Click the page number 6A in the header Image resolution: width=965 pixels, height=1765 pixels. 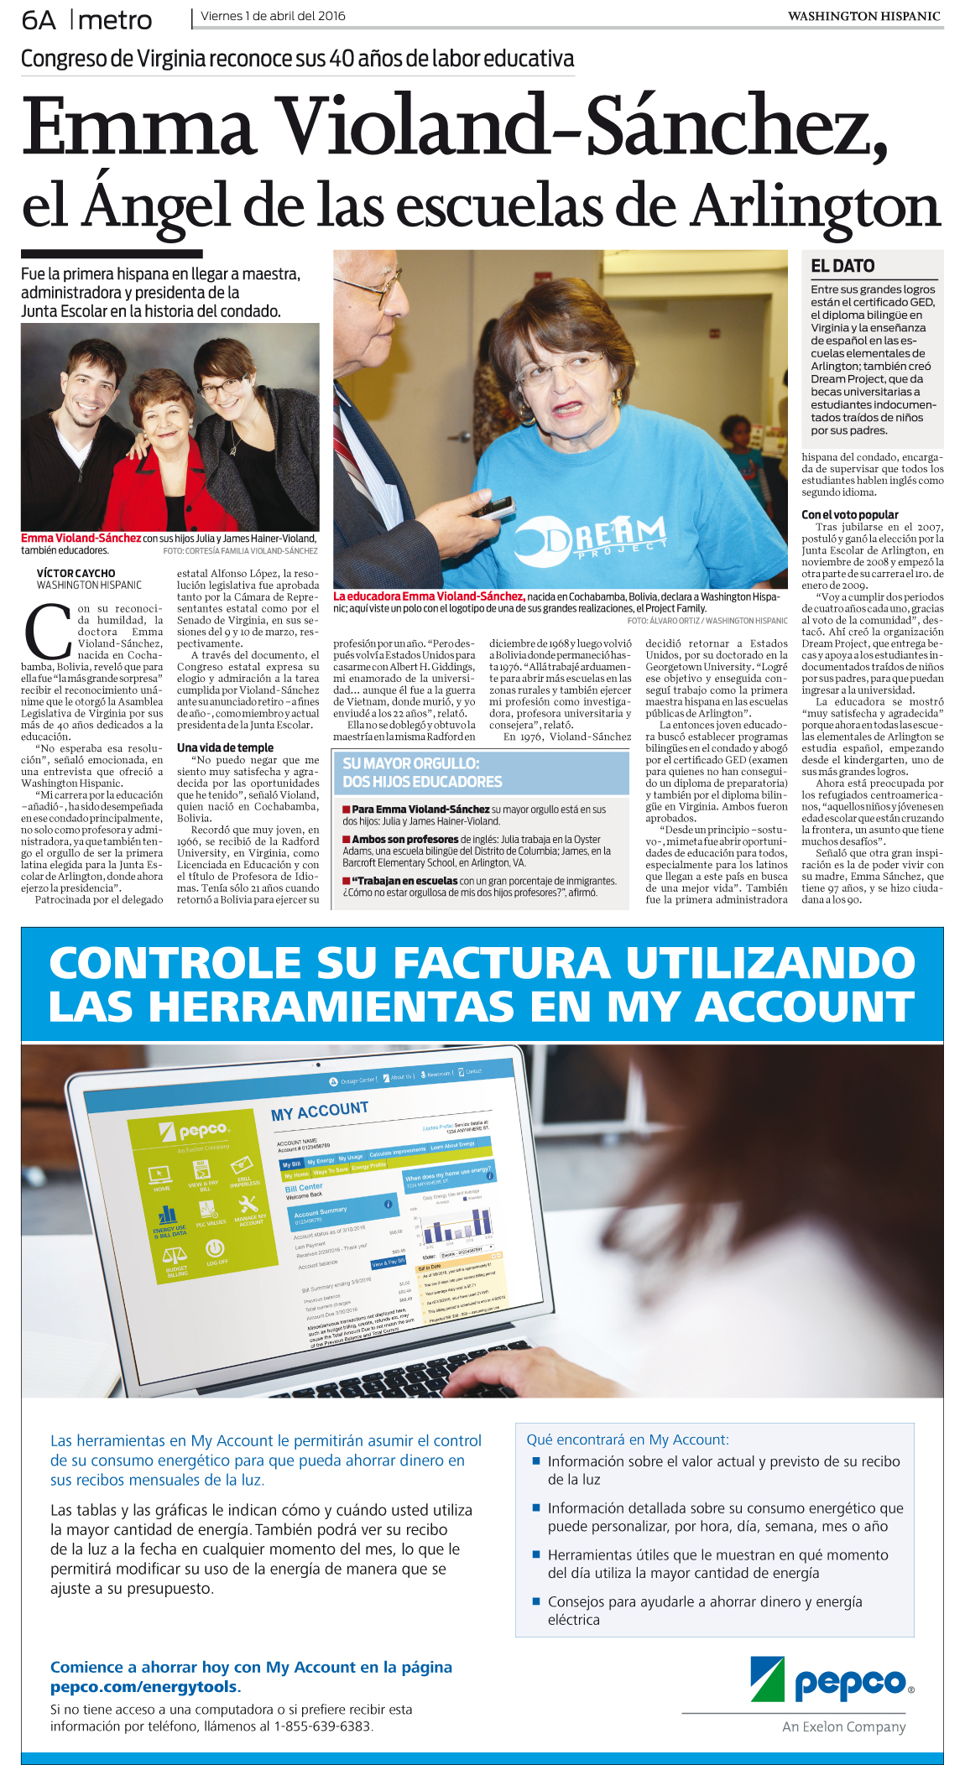point(39,19)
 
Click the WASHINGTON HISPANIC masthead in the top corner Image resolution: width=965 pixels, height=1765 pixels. point(863,16)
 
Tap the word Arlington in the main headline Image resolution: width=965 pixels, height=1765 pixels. point(815,206)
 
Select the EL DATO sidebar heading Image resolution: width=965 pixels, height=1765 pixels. point(842,266)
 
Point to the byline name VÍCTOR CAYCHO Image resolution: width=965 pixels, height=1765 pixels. point(76,573)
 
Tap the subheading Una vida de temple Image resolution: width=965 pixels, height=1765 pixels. point(225,747)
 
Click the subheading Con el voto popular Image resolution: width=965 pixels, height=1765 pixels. point(849,514)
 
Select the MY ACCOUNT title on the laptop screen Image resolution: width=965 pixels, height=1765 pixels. point(319,1111)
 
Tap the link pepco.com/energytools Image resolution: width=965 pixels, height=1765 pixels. point(145,1686)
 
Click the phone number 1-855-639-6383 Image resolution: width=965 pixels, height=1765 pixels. point(322,1726)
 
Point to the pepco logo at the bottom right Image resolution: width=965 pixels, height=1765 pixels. point(831,1680)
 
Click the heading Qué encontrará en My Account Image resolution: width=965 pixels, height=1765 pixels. point(628,1440)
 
